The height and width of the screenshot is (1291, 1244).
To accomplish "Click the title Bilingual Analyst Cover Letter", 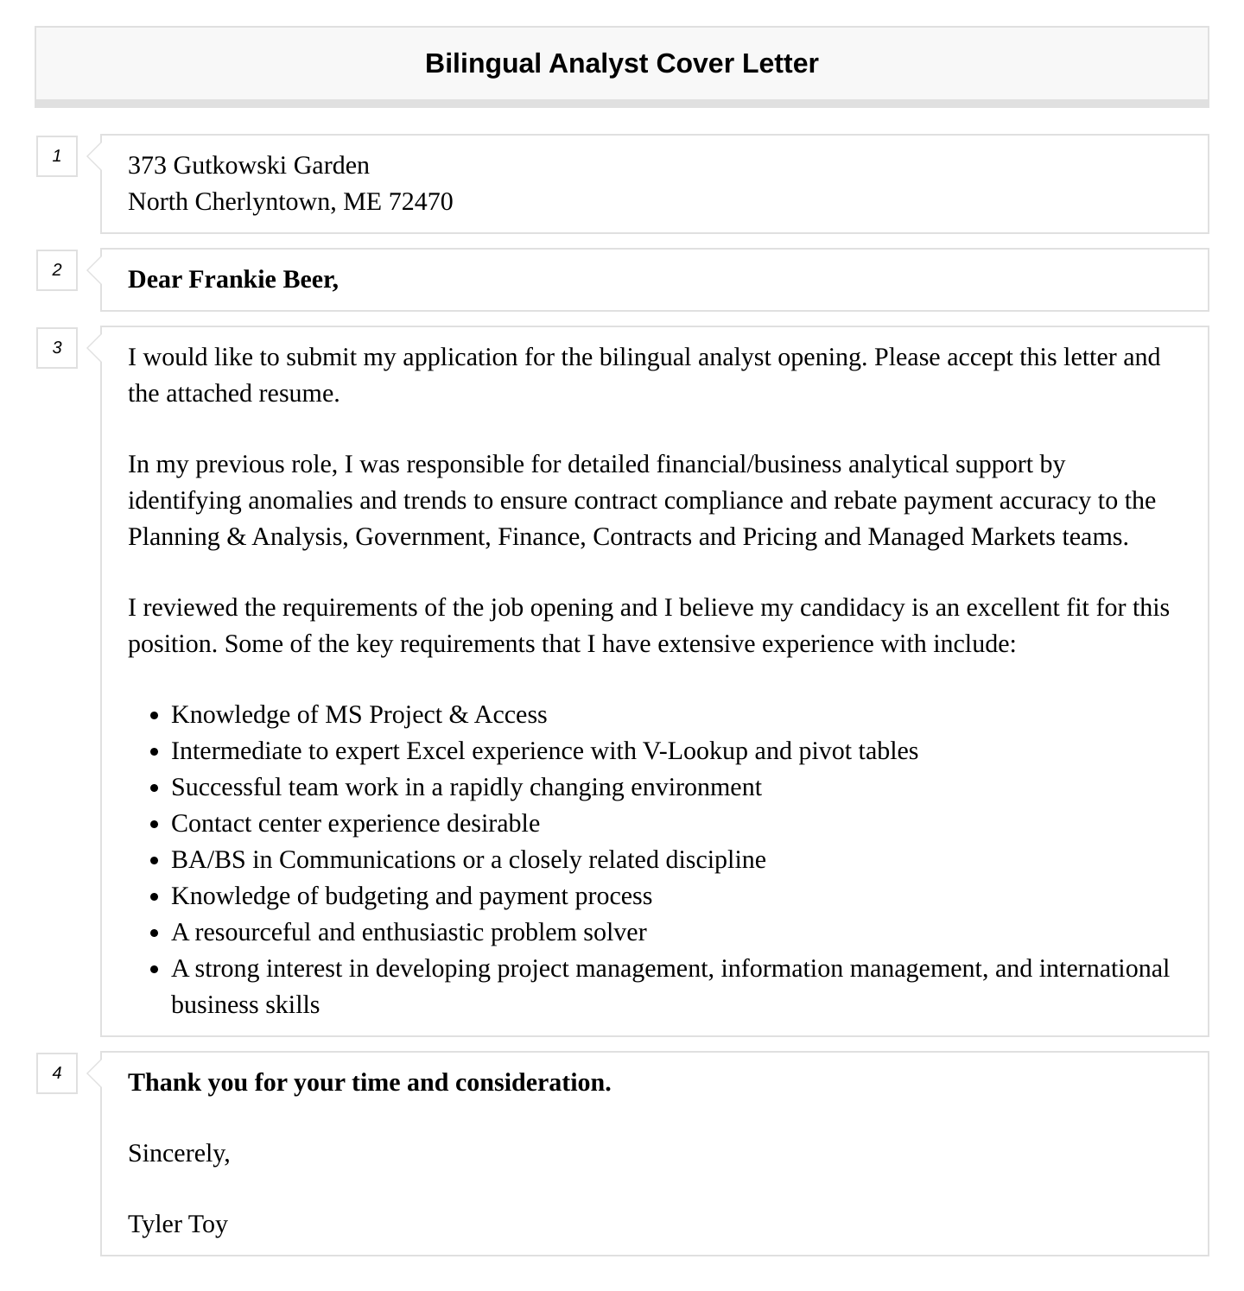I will (621, 64).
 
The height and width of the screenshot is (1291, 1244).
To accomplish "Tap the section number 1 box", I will (57, 156).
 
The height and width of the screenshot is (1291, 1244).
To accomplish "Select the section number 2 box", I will (57, 270).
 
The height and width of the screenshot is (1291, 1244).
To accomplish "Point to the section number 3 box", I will (57, 348).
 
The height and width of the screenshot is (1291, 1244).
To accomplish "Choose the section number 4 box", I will (57, 1073).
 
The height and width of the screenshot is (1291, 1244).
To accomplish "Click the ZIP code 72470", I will (421, 202).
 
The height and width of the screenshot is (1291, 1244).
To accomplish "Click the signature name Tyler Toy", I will (178, 1225).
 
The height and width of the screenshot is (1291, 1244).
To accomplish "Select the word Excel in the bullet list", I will (435, 751).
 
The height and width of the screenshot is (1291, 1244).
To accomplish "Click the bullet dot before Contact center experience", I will (155, 825).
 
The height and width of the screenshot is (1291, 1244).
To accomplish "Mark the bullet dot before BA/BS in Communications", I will (155, 861).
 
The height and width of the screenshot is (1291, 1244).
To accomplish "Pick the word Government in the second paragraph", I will (422, 537).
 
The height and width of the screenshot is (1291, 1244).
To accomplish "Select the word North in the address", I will (158, 202).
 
